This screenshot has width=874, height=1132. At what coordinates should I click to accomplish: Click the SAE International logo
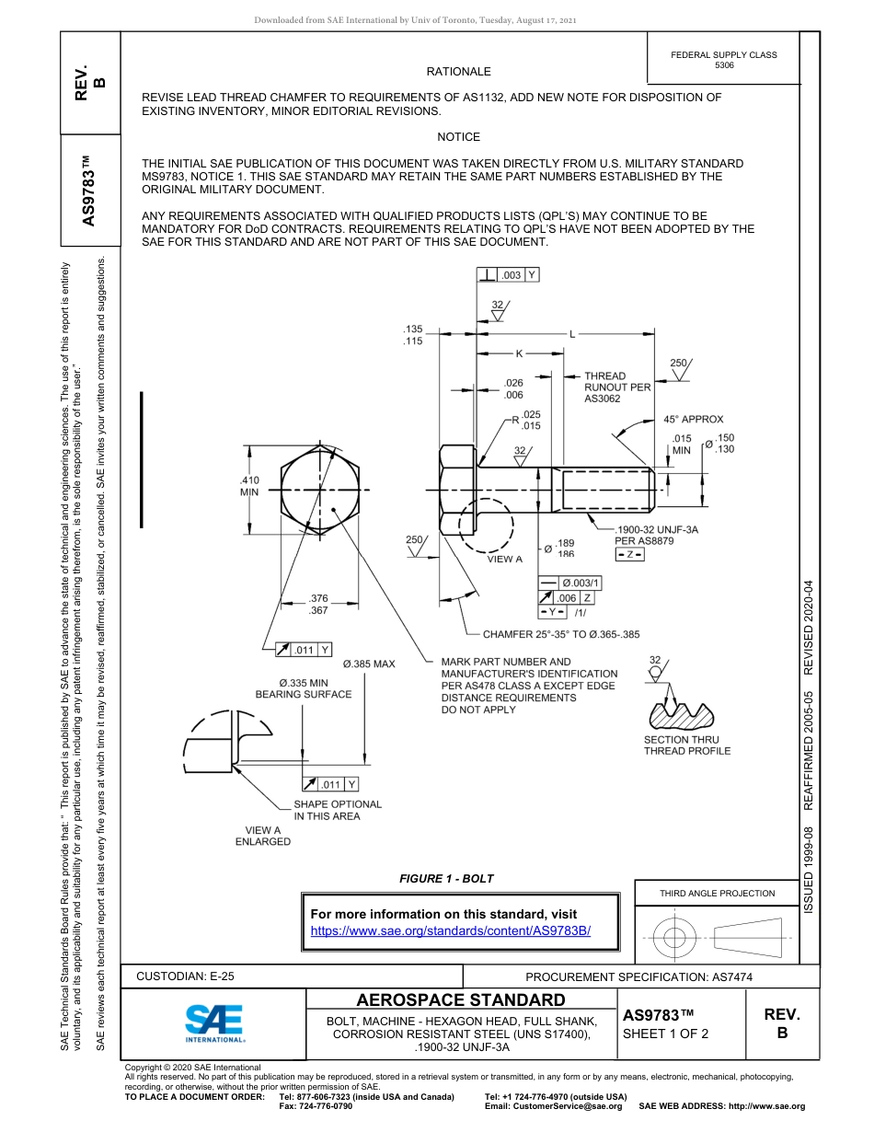(x=214, y=1023)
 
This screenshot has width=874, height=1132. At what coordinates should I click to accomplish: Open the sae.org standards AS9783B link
(x=450, y=930)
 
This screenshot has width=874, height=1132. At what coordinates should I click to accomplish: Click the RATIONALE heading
(x=458, y=72)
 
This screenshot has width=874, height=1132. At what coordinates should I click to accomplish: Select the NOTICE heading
(x=458, y=137)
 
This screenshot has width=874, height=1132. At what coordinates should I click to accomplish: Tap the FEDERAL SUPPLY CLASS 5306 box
(x=724, y=60)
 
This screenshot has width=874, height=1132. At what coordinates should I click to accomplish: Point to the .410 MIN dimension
(x=249, y=486)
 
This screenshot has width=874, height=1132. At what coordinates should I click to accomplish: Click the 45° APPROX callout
(x=693, y=420)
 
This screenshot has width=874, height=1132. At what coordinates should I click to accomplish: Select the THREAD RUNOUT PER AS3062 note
(x=616, y=387)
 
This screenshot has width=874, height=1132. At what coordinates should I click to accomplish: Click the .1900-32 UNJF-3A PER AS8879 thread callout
(x=656, y=535)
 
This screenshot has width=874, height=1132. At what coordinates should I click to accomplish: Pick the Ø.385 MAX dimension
(x=369, y=664)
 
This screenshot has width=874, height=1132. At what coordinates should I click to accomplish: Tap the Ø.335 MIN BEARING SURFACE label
(x=304, y=688)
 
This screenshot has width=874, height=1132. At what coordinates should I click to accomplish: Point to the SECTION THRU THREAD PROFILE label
(x=686, y=745)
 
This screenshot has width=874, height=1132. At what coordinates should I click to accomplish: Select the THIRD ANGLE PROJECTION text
(x=717, y=893)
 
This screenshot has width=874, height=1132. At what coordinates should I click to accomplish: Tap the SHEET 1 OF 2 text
(x=665, y=1034)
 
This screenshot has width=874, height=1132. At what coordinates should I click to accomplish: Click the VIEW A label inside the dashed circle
(x=504, y=559)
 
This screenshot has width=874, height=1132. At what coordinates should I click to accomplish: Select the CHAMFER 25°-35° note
(x=561, y=634)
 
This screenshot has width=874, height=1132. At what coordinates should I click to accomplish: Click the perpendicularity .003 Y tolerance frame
(x=508, y=275)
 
